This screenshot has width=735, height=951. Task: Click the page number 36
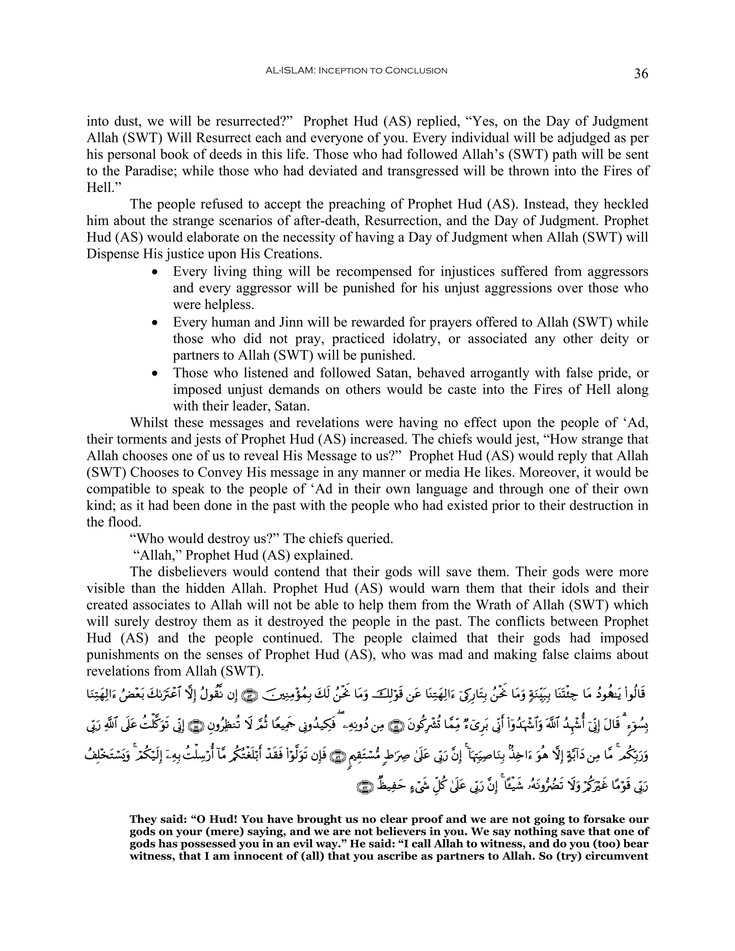(x=641, y=73)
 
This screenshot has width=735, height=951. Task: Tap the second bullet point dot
(x=155, y=323)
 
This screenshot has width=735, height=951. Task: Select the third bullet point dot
(x=155, y=374)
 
